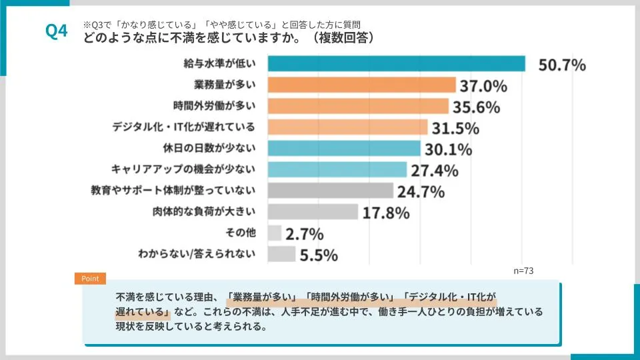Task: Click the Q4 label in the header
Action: (x=57, y=31)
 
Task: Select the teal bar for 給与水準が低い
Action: (x=396, y=64)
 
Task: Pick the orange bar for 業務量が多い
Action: (x=361, y=85)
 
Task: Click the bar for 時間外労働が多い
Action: (x=358, y=106)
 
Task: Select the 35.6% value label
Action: (x=477, y=107)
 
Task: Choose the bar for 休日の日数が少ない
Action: (x=344, y=148)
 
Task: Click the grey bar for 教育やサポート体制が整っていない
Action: (x=331, y=191)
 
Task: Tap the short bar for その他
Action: (x=274, y=233)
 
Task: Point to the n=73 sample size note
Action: (x=523, y=271)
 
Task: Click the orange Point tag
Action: (x=89, y=279)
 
